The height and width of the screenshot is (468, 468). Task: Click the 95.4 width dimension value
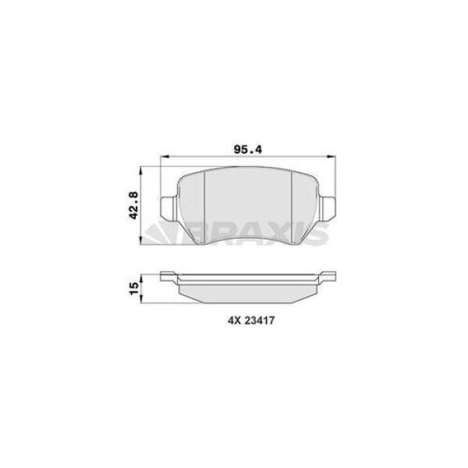point(248,150)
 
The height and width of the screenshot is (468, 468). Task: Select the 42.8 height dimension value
point(133,205)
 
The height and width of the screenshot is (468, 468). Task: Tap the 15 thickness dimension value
point(134,289)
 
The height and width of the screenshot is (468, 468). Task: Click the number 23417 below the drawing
point(260,321)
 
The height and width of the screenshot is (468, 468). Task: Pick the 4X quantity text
point(235,321)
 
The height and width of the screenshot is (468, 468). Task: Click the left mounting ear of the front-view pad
point(168,208)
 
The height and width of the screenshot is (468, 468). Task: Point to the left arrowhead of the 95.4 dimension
point(165,156)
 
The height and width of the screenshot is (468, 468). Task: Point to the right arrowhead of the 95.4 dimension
point(331,156)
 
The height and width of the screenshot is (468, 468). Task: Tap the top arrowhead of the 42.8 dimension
point(140,172)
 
